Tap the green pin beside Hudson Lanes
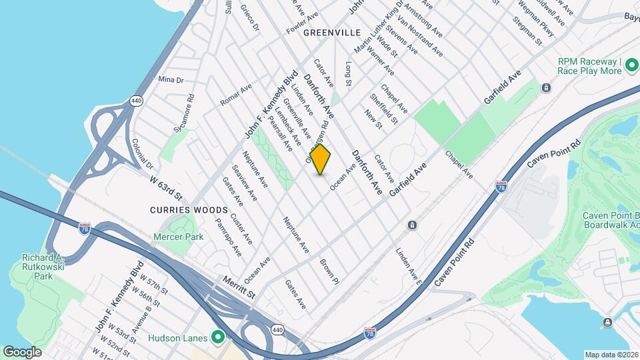click(x=217, y=337)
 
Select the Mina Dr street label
click(x=171, y=79)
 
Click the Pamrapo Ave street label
click(x=228, y=235)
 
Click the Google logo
click(x=22, y=351)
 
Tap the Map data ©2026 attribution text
click(x=611, y=355)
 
